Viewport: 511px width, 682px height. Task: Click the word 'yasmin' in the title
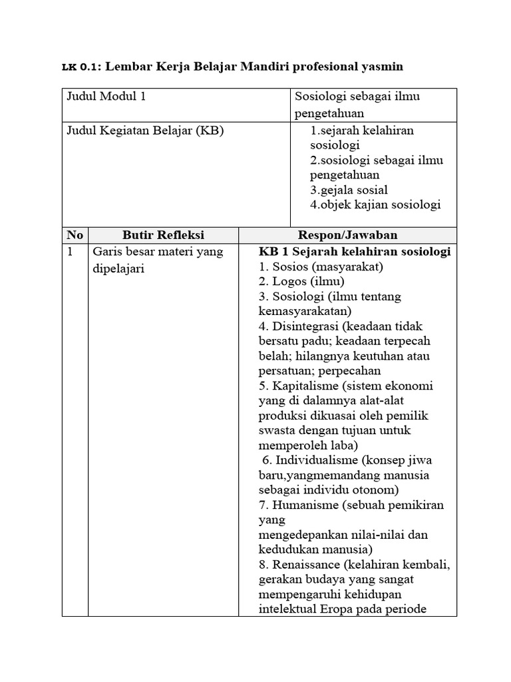point(380,67)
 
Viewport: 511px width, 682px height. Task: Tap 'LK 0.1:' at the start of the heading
point(81,67)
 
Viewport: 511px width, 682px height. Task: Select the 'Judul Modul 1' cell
point(106,97)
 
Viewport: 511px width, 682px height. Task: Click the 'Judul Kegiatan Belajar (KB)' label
point(145,131)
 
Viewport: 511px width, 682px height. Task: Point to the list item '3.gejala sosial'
point(349,190)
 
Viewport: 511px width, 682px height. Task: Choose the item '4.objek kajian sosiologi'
point(375,205)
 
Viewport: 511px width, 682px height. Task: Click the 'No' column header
point(75,235)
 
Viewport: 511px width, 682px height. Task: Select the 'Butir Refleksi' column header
point(164,235)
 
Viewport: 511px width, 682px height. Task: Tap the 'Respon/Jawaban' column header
point(347,235)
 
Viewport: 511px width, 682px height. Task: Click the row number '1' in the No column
point(70,252)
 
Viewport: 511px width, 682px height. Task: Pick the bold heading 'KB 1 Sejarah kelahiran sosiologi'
point(355,252)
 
